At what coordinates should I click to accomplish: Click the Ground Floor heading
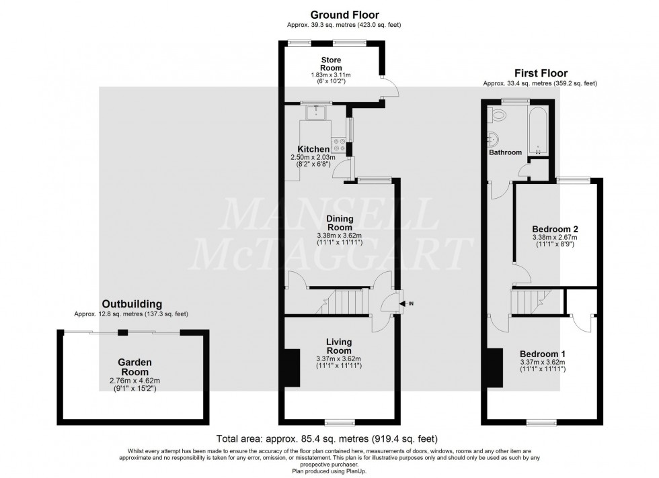click(x=345, y=14)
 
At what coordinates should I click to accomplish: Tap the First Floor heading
click(x=541, y=73)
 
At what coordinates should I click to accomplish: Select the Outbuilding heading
click(x=131, y=304)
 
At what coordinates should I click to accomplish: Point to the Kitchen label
click(x=313, y=149)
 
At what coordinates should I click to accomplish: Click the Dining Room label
click(x=340, y=223)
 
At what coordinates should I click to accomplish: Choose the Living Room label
click(x=339, y=346)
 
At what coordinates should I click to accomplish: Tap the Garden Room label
click(x=135, y=367)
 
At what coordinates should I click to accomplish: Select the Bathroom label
click(x=505, y=152)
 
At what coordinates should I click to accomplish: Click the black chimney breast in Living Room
click(x=293, y=369)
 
